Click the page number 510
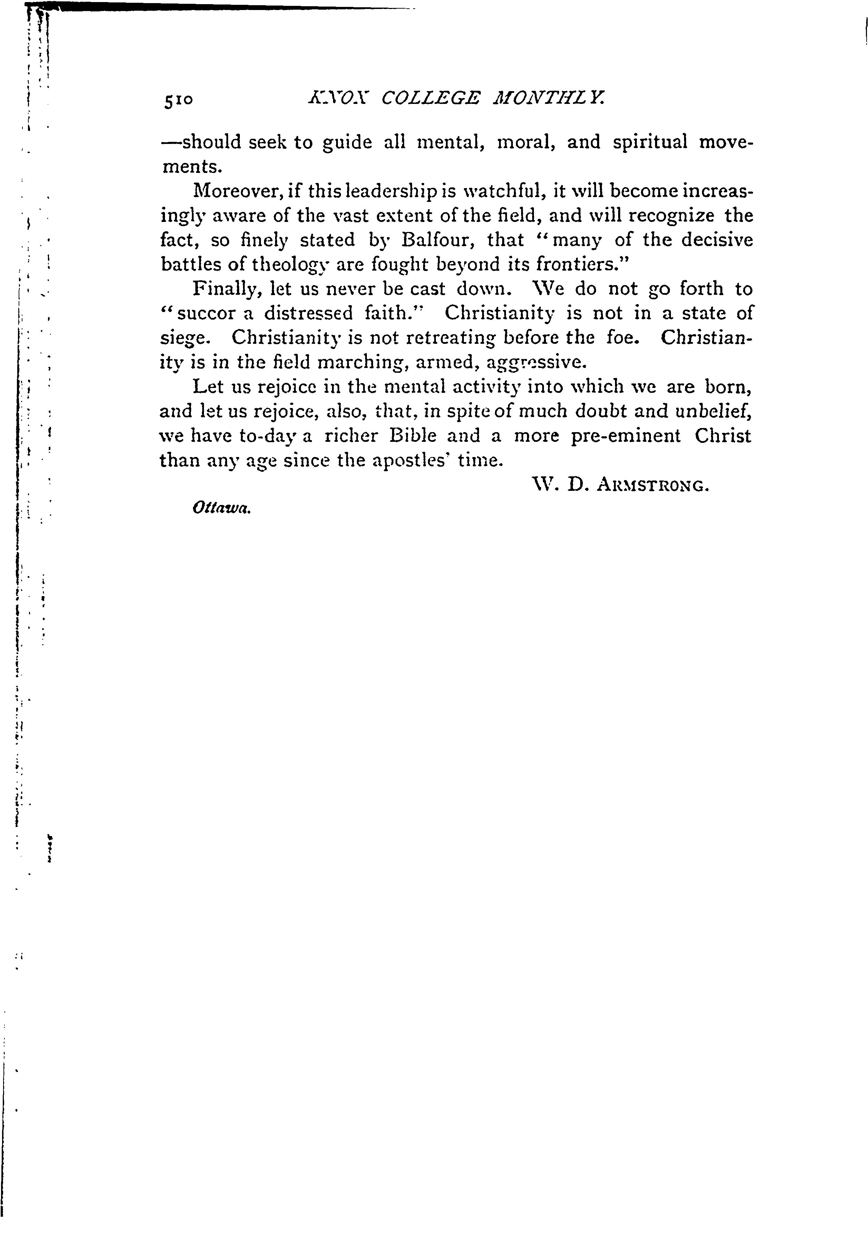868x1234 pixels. coord(179,100)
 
